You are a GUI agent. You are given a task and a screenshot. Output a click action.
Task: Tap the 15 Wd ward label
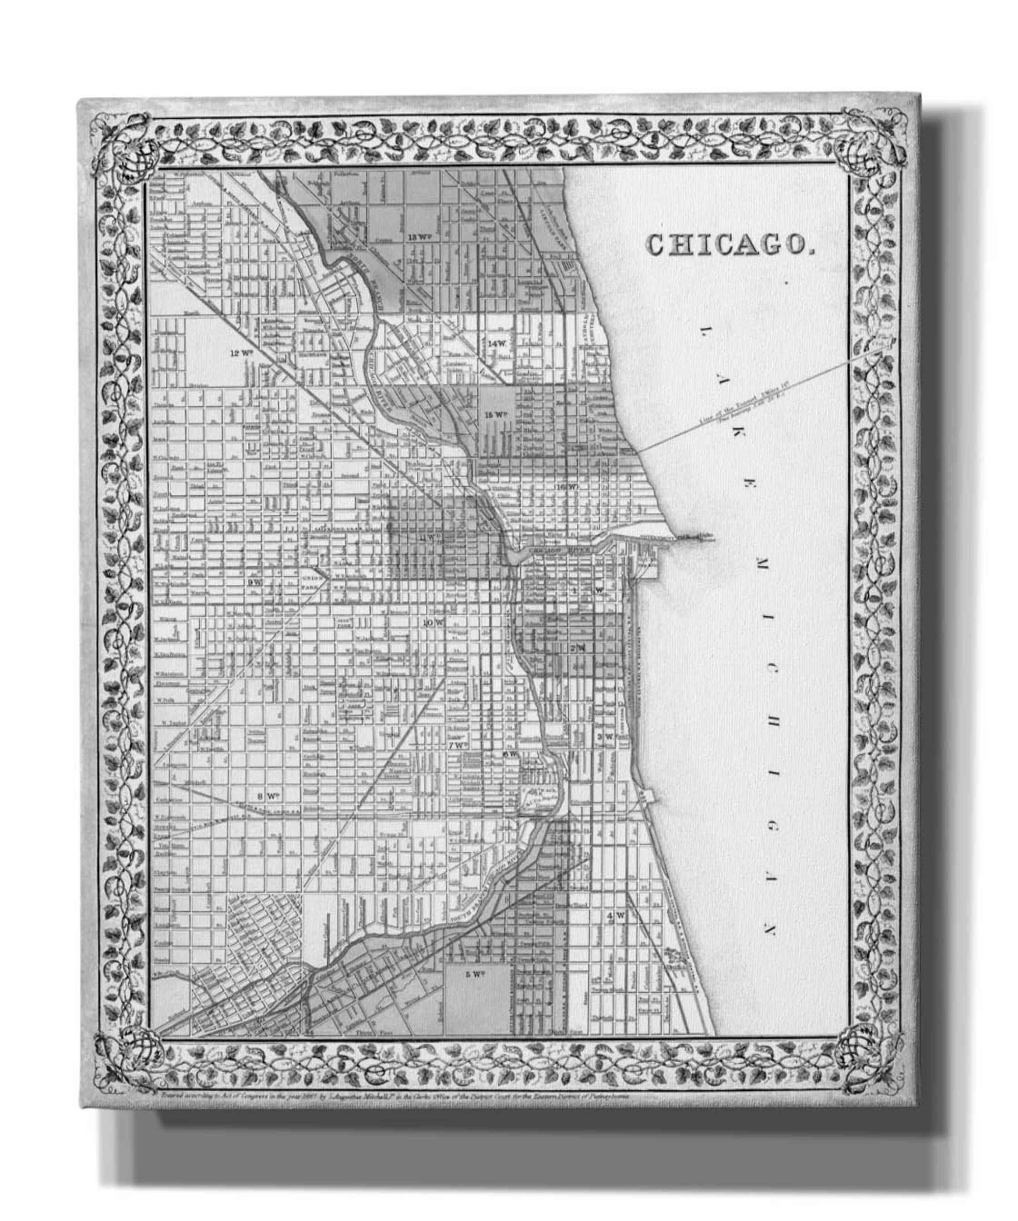497,414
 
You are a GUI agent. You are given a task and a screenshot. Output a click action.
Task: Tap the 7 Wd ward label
458,744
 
